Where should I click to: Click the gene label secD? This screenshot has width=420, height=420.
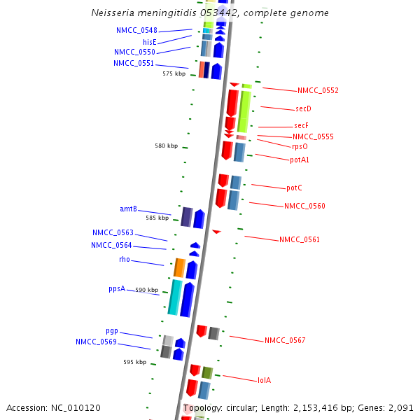click(303, 109)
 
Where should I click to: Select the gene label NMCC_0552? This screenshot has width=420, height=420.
click(318, 91)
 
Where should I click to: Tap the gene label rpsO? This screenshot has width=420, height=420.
click(300, 146)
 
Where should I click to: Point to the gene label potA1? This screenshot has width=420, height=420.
click(300, 160)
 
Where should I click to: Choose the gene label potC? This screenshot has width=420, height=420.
click(294, 188)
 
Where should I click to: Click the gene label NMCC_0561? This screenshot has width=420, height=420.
click(300, 240)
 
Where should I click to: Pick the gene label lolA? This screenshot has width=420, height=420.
click(264, 381)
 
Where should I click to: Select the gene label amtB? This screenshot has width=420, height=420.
click(128, 209)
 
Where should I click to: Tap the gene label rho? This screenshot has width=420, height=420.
click(125, 260)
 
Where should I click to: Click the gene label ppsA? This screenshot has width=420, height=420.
click(117, 288)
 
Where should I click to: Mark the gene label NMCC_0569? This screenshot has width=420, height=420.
click(96, 342)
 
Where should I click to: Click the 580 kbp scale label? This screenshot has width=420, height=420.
click(166, 146)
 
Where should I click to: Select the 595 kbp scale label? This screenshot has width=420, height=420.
click(134, 363)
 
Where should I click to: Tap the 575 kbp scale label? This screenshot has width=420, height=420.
click(174, 73)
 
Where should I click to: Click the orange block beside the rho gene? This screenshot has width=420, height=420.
click(179, 267)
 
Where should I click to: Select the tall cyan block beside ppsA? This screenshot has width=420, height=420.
click(174, 297)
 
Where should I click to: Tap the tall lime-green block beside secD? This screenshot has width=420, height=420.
click(244, 110)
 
